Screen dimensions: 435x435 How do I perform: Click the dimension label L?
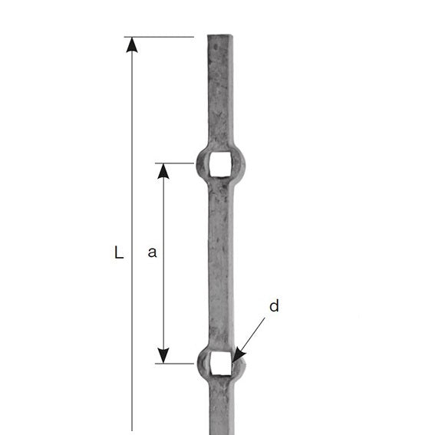[118, 252]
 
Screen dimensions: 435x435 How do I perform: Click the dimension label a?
[152, 252]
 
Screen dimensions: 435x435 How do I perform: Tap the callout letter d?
[274, 307]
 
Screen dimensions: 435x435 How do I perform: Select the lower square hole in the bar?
[220, 363]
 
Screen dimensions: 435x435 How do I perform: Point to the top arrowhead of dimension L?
[132, 44]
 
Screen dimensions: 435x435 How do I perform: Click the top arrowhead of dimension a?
[163, 170]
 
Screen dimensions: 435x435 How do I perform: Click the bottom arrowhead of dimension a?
[163, 355]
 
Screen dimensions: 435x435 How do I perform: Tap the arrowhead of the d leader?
[237, 357]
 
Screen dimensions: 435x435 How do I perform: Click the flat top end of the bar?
[220, 36]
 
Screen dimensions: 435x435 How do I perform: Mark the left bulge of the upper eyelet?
[202, 163]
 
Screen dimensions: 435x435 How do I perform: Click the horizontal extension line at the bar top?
[161, 37]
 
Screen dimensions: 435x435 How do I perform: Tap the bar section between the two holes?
[220, 261]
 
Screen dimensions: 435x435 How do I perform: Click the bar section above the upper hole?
[220, 92]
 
